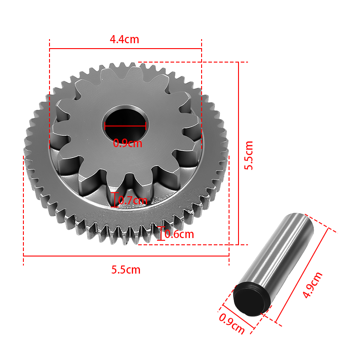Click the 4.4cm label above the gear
pyautogui.click(x=125, y=40)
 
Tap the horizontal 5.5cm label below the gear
pyautogui.click(x=126, y=270)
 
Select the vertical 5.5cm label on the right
pyautogui.click(x=248, y=155)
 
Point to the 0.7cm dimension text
pyautogui.click(x=133, y=200)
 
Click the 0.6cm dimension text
pyautogui.click(x=179, y=234)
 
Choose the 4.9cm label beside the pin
pyautogui.click(x=312, y=285)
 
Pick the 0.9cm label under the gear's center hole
pyautogui.click(x=128, y=143)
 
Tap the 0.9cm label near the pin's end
pyautogui.click(x=231, y=324)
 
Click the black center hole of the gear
pyautogui.click(x=126, y=126)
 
